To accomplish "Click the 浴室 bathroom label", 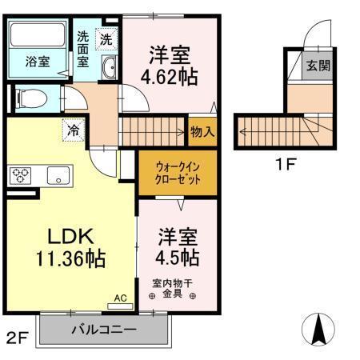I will (35, 61).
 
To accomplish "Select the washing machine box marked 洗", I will (106, 37).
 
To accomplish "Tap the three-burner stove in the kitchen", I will (21, 174).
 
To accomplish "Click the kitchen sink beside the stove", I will (58, 174).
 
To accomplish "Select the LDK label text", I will (67, 236).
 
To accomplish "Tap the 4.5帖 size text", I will (177, 258).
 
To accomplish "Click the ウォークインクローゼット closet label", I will (177, 173).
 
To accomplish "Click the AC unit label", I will (120, 298).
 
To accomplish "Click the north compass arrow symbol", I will (318, 328).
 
